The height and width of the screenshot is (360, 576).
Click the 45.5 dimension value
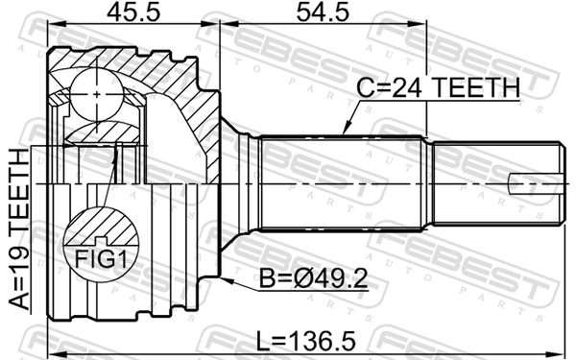click(133, 12)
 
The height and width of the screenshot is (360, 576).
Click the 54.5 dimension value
click(323, 12)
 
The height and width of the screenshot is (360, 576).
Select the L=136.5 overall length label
click(305, 340)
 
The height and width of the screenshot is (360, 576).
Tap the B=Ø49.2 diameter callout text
click(313, 278)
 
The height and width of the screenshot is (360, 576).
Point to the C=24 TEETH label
click(439, 87)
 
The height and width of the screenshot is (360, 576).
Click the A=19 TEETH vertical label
click(19, 229)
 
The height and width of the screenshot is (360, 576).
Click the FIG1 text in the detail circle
click(101, 260)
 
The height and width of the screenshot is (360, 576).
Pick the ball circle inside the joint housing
click(97, 94)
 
